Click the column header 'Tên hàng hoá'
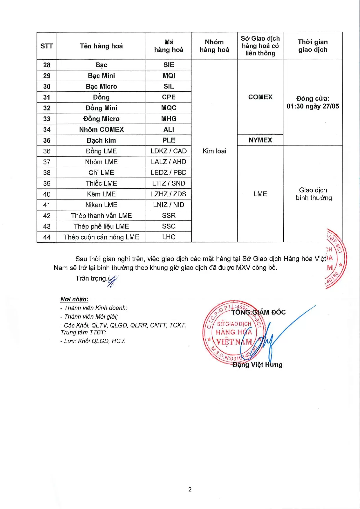[101, 46]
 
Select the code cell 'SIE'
[169, 65]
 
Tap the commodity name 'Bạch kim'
[101, 140]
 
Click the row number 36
[47, 151]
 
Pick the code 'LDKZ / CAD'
[169, 151]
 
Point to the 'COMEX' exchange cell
[260, 97]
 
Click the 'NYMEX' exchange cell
[260, 140]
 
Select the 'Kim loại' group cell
[214, 151]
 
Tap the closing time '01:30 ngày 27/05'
[313, 106]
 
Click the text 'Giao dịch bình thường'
[313, 194]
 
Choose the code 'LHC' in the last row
[169, 237]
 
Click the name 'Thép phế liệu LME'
[101, 227]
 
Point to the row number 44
[47, 237]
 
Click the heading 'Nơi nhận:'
[74, 299]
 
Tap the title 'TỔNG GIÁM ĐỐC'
[258, 312]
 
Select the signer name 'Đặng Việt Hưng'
[257, 365]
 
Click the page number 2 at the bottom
[190, 490]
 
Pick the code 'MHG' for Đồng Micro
[169, 119]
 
